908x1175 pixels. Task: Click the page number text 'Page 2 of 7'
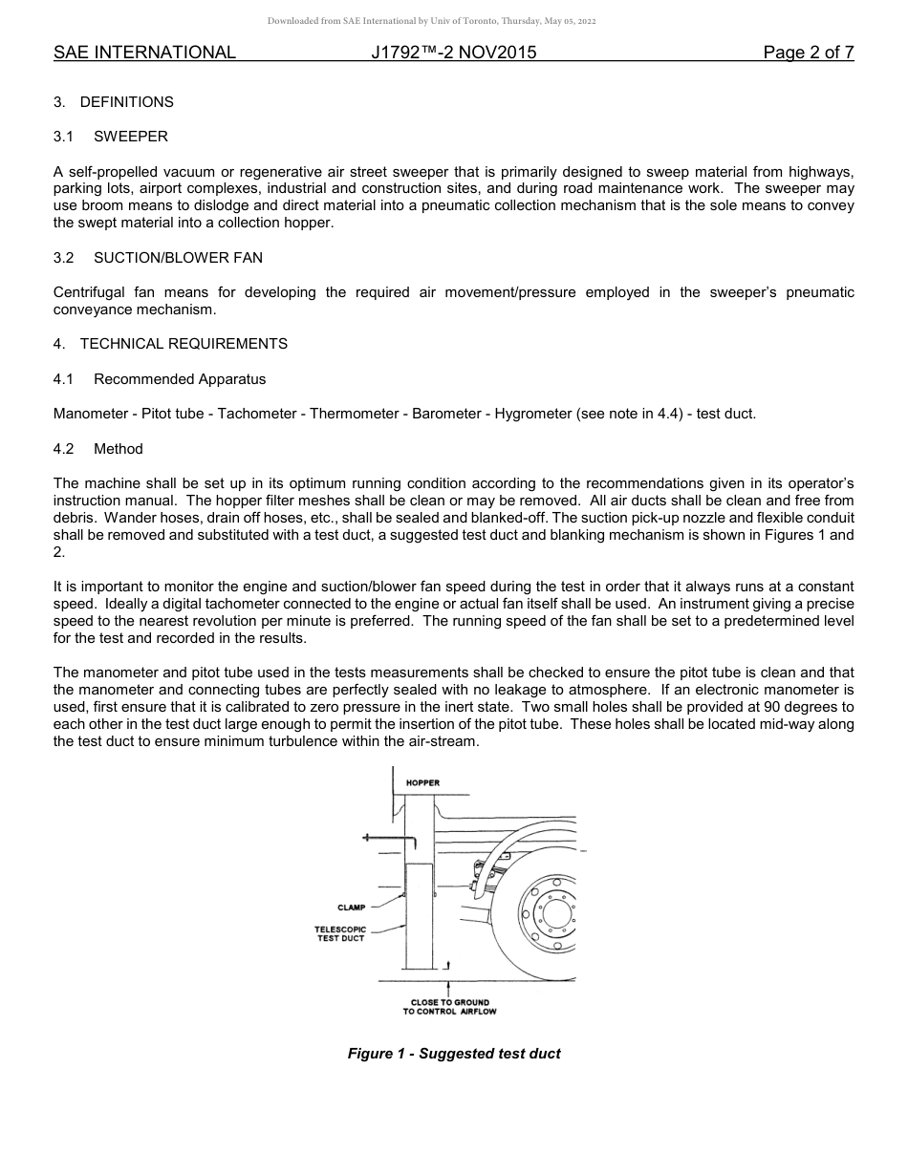coord(808,53)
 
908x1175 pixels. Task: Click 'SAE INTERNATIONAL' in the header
coord(144,53)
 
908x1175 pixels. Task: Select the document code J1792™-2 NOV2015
coord(453,53)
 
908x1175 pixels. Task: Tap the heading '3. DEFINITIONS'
coord(114,101)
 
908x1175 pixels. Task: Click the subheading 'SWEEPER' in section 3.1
coord(131,137)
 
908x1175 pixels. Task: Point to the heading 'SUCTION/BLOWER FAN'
coord(178,258)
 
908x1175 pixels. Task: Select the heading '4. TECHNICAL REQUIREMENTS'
coord(170,343)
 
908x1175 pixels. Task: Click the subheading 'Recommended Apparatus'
coord(180,379)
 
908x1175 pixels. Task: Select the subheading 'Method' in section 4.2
coord(119,449)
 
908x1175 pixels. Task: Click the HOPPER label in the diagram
coord(422,782)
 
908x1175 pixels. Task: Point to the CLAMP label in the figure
coord(351,908)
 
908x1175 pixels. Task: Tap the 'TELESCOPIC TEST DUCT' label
coord(340,933)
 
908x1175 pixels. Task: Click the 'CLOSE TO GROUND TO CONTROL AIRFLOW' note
coord(449,1007)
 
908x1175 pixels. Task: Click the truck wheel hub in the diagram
coord(551,913)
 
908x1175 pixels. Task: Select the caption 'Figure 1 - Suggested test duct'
coord(453,1054)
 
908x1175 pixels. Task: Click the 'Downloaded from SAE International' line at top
coord(431,21)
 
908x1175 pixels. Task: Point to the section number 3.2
coord(64,258)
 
